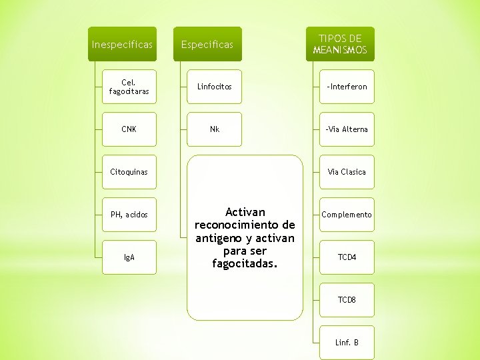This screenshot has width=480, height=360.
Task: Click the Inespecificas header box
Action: [122, 45]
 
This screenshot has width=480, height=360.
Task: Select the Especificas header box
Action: [207, 45]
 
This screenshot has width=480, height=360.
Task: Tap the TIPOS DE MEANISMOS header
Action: [340, 45]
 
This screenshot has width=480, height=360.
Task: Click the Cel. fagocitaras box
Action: [129, 87]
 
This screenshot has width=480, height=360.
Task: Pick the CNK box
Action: [129, 129]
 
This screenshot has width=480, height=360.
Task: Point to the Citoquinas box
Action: [129, 172]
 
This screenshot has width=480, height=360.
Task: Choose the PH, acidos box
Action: [129, 215]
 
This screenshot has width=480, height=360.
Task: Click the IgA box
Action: [129, 257]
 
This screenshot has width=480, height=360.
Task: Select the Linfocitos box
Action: [215, 87]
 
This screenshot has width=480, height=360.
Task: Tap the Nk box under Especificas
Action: [215, 129]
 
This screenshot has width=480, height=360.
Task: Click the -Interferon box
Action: [347, 87]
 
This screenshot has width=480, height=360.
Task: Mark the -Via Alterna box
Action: [347, 129]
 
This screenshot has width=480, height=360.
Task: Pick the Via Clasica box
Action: [347, 172]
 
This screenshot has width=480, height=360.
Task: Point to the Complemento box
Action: [347, 215]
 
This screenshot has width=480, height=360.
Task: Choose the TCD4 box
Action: [347, 257]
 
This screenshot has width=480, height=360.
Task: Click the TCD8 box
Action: [347, 300]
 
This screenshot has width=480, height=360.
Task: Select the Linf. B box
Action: [347, 343]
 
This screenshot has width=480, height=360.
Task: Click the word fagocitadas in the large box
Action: [245, 264]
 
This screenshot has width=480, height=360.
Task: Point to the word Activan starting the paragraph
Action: [245, 212]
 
